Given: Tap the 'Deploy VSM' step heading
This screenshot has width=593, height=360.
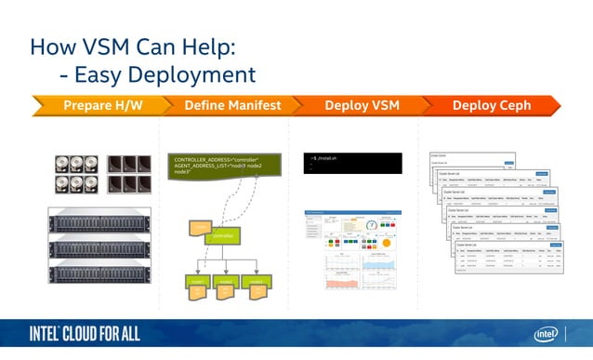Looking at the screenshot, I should point(362,105).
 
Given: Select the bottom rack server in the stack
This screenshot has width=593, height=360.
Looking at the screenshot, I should point(99,274).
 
